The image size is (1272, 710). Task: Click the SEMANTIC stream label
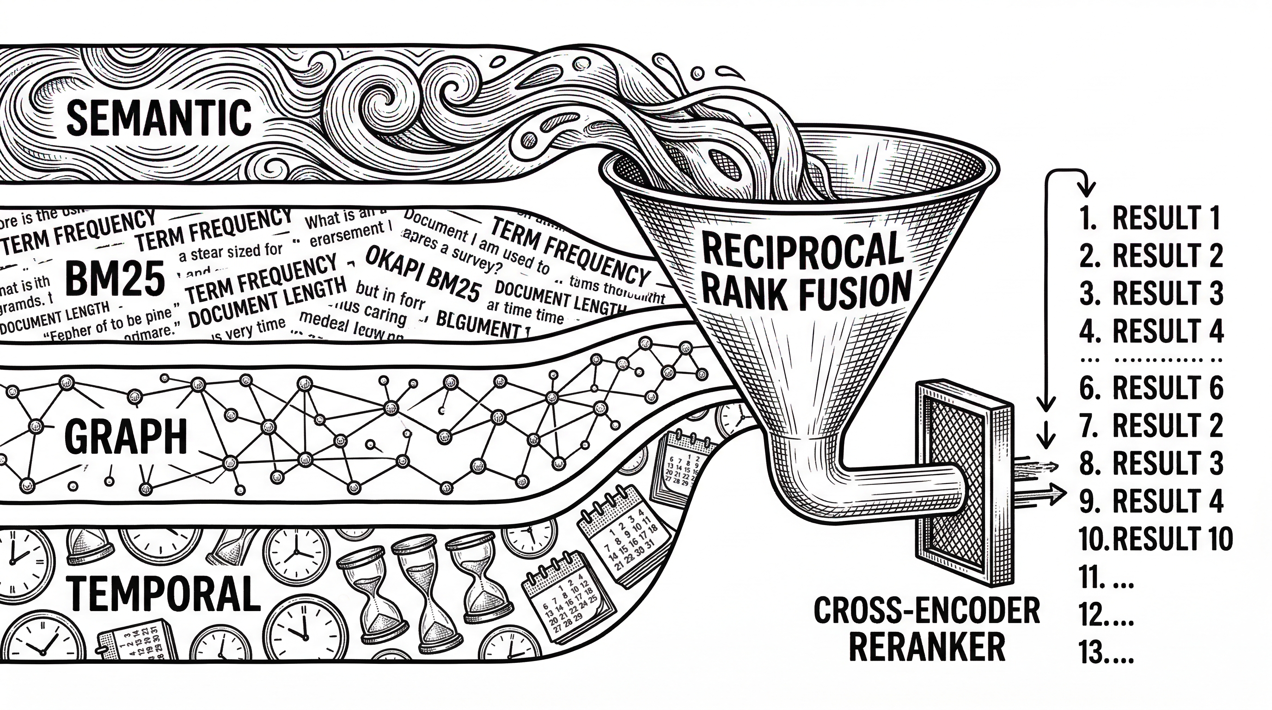click(159, 117)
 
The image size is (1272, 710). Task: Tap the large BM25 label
click(115, 279)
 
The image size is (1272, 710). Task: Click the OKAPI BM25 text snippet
click(422, 276)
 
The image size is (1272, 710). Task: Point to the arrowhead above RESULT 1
click(1086, 190)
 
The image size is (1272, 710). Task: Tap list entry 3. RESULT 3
click(1150, 293)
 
